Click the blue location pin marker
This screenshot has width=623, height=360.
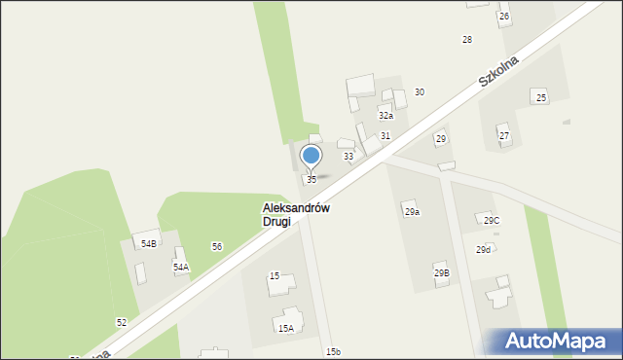pyautogui.click(x=311, y=157)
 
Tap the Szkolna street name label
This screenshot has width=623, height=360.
pyautogui.click(x=498, y=72)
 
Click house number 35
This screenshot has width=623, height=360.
pyautogui.click(x=311, y=180)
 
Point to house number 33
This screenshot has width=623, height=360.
pyautogui.click(x=348, y=157)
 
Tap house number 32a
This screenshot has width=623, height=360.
pyautogui.click(x=385, y=116)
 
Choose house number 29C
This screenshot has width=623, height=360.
pyautogui.click(x=492, y=221)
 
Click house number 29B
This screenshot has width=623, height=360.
pyautogui.click(x=442, y=273)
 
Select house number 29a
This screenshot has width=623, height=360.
pyautogui.click(x=412, y=212)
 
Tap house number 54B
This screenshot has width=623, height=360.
pyautogui.click(x=148, y=244)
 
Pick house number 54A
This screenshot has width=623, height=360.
pyautogui.click(x=181, y=267)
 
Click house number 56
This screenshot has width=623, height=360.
pyautogui.click(x=217, y=247)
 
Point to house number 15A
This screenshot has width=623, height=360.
pyautogui.click(x=286, y=329)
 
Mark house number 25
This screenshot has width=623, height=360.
pyautogui.click(x=541, y=97)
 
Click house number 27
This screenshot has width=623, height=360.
pyautogui.click(x=504, y=136)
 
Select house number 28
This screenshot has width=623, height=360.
pyautogui.click(x=467, y=40)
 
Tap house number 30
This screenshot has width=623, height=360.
pyautogui.click(x=419, y=92)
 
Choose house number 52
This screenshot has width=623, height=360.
pyautogui.click(x=122, y=322)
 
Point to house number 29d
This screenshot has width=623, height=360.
pyautogui.click(x=483, y=250)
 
